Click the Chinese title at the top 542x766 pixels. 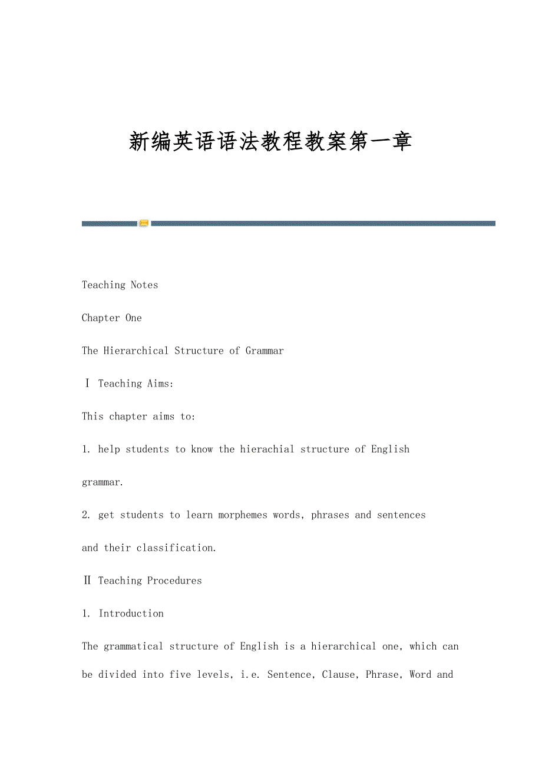point(270,142)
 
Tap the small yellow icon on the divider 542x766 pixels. point(144,223)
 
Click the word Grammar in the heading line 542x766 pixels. point(265,351)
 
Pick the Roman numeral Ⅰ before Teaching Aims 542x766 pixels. point(87,384)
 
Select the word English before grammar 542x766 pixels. point(390,449)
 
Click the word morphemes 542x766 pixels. point(243,515)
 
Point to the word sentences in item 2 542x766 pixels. point(401,515)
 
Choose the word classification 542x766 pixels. point(176,548)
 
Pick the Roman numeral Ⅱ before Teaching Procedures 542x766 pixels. point(87,581)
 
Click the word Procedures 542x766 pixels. point(174,581)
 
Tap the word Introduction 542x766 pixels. point(131,614)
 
